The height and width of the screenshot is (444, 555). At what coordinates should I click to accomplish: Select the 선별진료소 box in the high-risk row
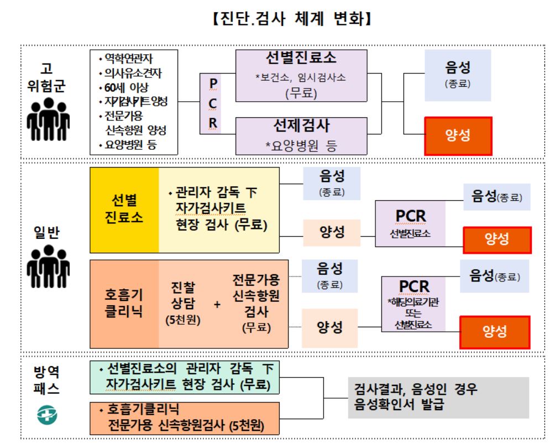coord(301,75)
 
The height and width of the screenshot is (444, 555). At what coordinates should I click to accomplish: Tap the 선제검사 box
coord(301,135)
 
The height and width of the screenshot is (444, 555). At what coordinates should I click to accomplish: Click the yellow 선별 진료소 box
coord(124,210)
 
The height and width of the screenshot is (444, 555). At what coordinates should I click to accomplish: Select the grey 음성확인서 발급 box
coord(439,398)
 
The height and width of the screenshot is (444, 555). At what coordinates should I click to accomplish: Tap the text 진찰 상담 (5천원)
coord(182,303)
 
